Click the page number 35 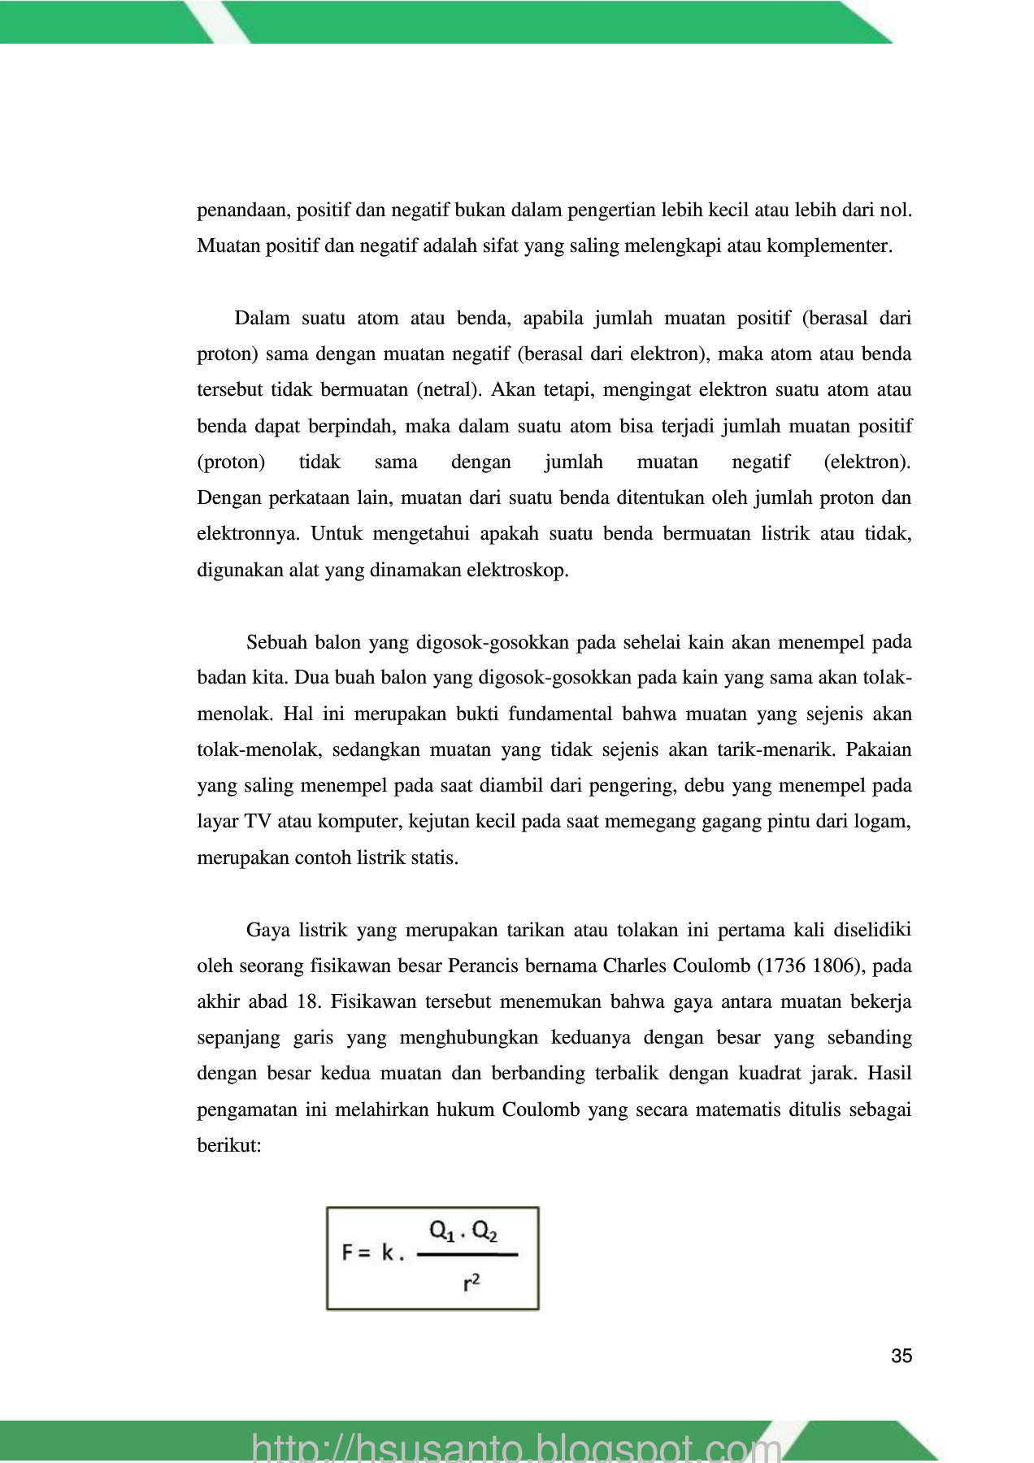(901, 1356)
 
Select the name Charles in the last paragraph (632, 966)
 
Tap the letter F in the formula (347, 1252)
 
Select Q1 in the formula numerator (441, 1232)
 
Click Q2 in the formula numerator (484, 1232)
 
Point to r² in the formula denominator (471, 1283)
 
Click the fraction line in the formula (467, 1254)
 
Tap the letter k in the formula (388, 1252)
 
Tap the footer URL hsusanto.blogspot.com (516, 1448)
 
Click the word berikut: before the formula (228, 1145)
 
